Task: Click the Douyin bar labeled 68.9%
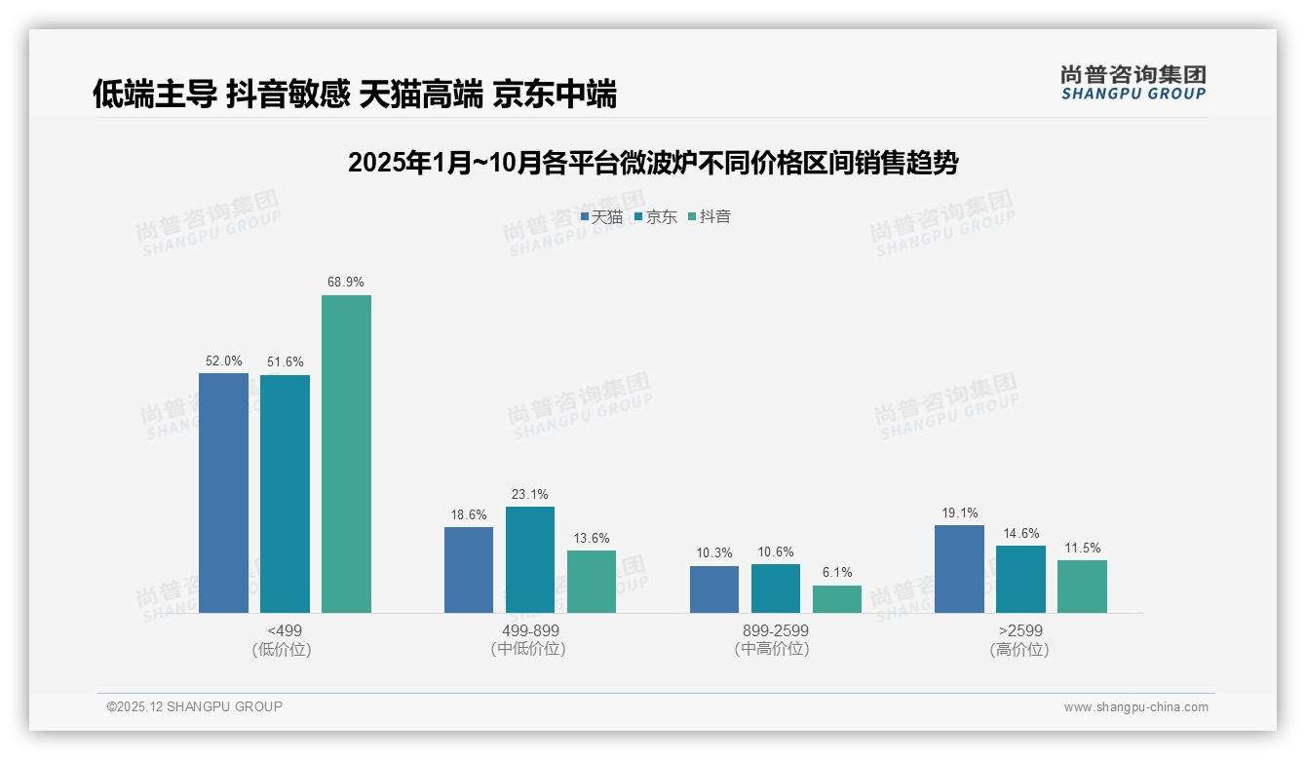[346, 454]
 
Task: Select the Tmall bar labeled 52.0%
[223, 493]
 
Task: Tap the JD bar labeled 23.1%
[529, 559]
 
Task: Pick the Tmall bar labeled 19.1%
[959, 569]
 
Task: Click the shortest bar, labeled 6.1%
[837, 598]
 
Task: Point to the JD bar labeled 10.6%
[775, 589]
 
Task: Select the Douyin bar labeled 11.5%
[1082, 587]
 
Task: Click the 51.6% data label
[285, 362]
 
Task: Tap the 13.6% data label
[592, 538]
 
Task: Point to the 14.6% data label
[1020, 533]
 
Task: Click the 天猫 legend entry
[601, 217]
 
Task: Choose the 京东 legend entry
[655, 217]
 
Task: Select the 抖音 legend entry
[710, 217]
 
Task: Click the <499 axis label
[284, 631]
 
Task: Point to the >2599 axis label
[1020, 631]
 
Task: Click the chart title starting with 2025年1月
[652, 163]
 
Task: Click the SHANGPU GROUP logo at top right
[1133, 83]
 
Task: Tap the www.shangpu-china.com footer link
[1135, 707]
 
